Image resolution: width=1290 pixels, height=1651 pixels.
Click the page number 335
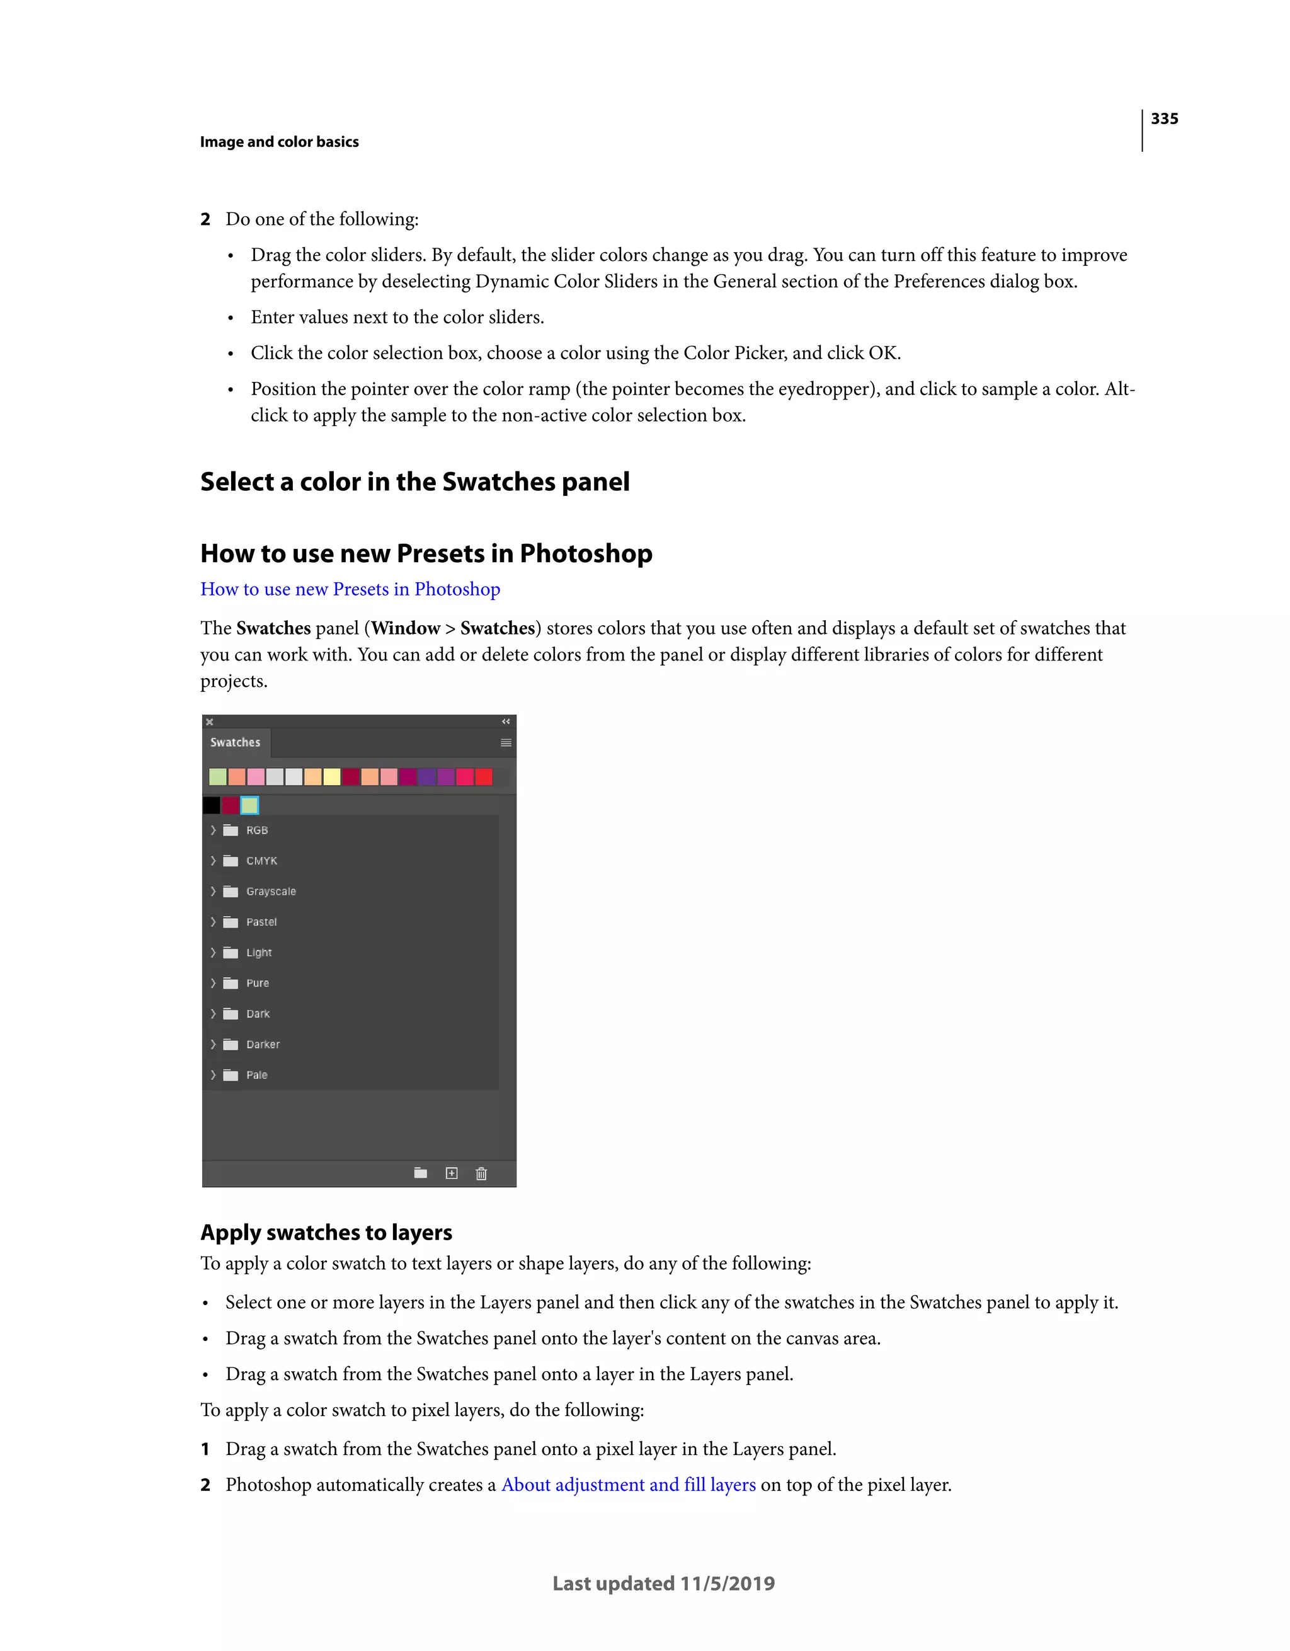click(1164, 118)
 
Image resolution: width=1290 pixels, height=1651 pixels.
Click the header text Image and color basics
click(279, 142)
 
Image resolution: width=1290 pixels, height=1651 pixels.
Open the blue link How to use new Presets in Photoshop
click(350, 589)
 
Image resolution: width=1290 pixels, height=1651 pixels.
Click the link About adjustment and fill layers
click(628, 1484)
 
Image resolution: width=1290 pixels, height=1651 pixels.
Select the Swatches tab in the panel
click(235, 742)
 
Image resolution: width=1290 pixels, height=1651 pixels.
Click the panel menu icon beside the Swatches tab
click(506, 743)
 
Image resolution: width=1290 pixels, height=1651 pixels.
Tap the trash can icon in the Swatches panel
click(481, 1173)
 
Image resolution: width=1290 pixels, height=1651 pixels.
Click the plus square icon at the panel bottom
click(451, 1173)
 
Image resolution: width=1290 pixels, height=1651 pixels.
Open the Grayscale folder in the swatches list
click(271, 891)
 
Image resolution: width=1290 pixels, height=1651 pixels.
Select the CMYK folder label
click(261, 861)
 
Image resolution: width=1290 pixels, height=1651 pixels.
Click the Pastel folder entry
click(261, 923)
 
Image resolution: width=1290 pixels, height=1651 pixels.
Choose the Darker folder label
click(263, 1044)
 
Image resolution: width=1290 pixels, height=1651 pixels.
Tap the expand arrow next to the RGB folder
click(213, 830)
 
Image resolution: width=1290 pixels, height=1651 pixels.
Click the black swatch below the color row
click(212, 805)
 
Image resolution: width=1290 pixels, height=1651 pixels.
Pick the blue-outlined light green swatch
click(249, 805)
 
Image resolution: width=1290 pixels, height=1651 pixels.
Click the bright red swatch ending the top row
click(484, 776)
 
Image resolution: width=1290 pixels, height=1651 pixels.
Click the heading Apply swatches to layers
click(326, 1232)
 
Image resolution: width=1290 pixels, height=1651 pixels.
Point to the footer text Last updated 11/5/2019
click(663, 1583)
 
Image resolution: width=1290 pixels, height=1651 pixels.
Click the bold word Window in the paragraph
click(405, 628)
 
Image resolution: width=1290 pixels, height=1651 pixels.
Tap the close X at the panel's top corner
click(209, 722)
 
